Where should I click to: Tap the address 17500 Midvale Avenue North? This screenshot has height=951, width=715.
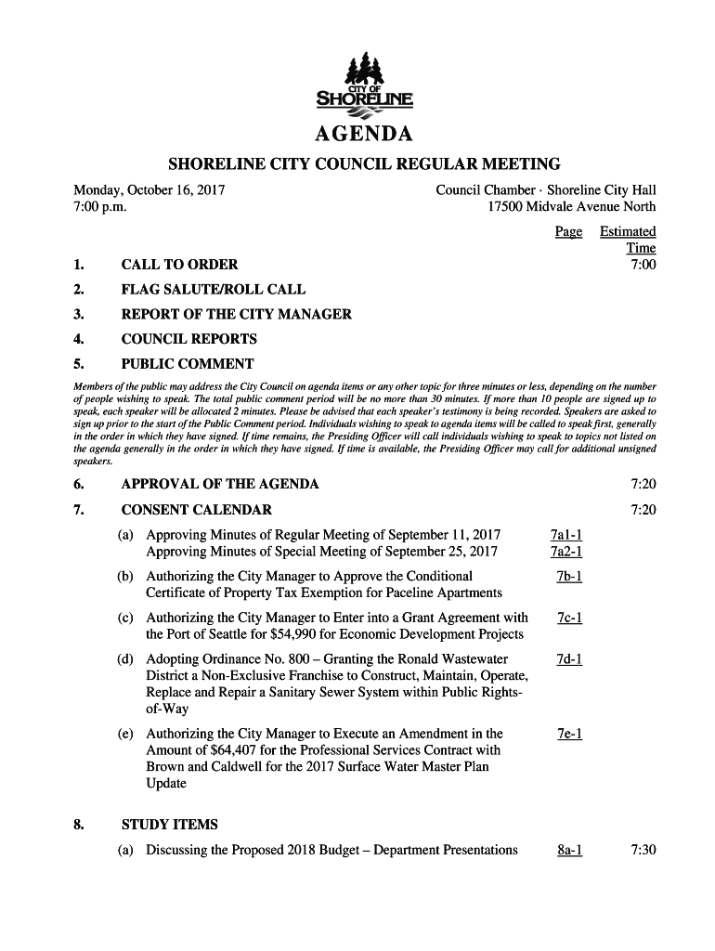tap(572, 207)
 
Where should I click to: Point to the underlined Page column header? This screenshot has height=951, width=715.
tap(568, 231)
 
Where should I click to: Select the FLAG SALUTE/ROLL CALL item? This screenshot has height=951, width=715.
tap(214, 290)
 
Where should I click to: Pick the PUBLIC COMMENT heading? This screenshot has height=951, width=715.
tap(188, 363)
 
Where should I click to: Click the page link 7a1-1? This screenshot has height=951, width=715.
tap(565, 535)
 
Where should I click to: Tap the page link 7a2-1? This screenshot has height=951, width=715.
tap(565, 552)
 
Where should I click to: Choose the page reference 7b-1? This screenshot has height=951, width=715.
tap(568, 576)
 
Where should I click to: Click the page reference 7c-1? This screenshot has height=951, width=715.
tap(568, 618)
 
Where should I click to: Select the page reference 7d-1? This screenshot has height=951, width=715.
tap(568, 659)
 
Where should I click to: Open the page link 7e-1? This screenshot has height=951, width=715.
tap(568, 734)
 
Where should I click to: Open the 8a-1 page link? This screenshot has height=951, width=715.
tap(567, 849)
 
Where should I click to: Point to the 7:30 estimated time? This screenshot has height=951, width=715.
tap(643, 849)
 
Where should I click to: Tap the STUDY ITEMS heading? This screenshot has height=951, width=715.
tap(170, 825)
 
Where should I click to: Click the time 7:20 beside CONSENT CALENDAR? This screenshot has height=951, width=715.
tap(643, 509)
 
